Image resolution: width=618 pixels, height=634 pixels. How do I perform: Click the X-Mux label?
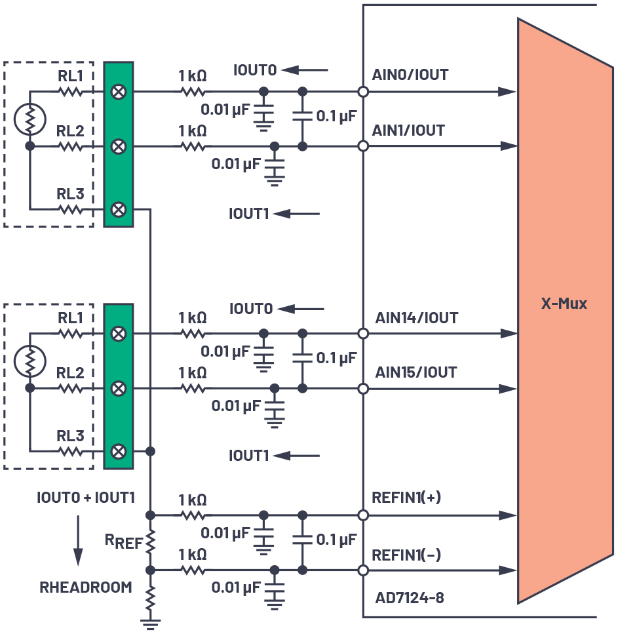[564, 304]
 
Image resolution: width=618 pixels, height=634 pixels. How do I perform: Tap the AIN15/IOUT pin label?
[416, 372]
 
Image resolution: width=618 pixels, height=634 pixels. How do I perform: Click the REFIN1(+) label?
[406, 498]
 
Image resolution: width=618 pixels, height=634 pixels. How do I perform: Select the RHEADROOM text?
[86, 587]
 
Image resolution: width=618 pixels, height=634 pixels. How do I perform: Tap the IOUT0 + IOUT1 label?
[86, 498]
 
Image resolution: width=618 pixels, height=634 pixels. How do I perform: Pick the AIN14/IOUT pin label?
[416, 318]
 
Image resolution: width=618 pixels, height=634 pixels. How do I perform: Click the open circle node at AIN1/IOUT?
[362, 146]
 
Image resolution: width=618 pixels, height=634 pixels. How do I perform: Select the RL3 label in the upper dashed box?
[70, 195]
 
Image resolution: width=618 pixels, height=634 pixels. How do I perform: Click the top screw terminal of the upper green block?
[119, 92]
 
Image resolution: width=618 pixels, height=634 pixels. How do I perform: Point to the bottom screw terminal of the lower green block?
[119, 451]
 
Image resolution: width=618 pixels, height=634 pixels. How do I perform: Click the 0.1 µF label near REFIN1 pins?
[336, 540]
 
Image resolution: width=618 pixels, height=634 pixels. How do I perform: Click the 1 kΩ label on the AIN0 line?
[193, 75]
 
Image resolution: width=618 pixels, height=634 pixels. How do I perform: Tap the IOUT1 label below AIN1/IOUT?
[248, 214]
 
